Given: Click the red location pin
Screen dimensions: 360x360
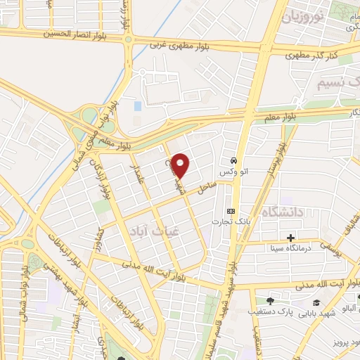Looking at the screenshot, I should point(181,165).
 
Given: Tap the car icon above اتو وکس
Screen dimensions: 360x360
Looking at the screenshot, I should point(233,159).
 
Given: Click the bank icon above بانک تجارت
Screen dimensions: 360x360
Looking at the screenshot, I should point(231,211).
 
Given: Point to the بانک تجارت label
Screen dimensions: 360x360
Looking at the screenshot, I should point(228,223).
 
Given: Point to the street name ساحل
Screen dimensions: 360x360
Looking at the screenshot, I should point(205,188).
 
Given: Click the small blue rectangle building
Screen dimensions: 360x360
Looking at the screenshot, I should point(138,106).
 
